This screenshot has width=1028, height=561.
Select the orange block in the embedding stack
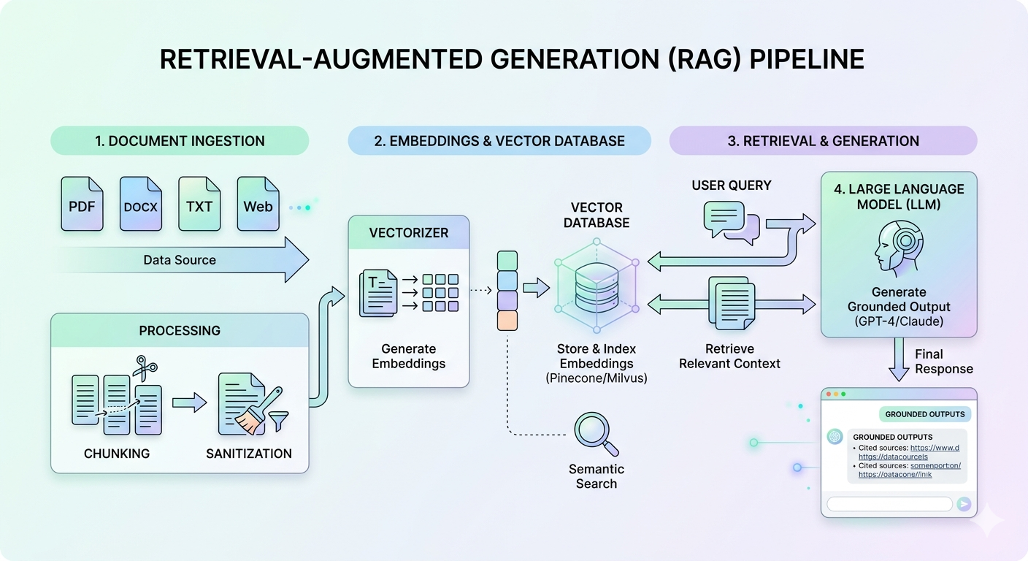coord(507,321)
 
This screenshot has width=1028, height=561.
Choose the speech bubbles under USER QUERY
coord(731,222)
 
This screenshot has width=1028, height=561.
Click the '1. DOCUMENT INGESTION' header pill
coord(180,141)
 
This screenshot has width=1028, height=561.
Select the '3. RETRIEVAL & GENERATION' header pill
coord(823,141)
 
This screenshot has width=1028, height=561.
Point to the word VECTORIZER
coord(409,233)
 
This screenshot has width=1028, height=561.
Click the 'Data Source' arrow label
coord(180,259)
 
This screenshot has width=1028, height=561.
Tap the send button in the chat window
coord(964,503)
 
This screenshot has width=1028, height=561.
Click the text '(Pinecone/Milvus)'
coord(596,378)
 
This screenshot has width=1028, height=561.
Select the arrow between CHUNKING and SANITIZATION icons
coord(189,402)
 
